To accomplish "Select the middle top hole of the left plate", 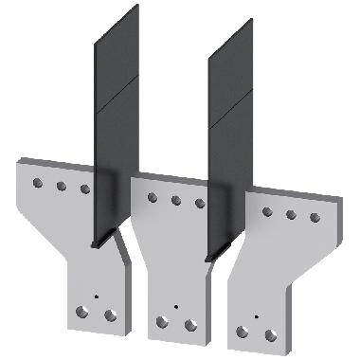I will click(x=61, y=187).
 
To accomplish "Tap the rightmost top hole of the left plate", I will click(x=84, y=189).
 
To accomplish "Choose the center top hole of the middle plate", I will click(x=176, y=200).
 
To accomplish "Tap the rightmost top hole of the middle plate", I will click(x=200, y=204).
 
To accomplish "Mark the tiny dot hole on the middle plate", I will click(x=177, y=305).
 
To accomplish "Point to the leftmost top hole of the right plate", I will click(x=267, y=210).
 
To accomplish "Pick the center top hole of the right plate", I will click(x=291, y=214).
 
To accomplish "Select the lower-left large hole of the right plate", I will click(x=243, y=331).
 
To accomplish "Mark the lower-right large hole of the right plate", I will click(x=272, y=333).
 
